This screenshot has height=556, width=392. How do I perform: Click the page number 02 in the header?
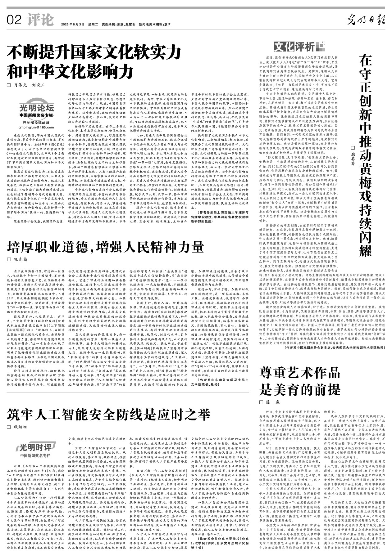coord(14,20)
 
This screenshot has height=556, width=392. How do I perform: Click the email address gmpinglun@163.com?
coord(36,128)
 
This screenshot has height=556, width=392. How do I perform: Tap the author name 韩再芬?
coord(353,155)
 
